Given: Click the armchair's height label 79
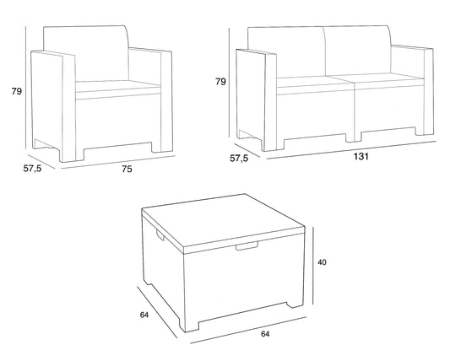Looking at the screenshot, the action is coord(17,91).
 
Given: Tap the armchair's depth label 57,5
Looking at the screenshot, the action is coord(32,169).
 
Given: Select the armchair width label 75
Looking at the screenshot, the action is coord(127,170).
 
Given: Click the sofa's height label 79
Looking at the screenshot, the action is coord(220,82).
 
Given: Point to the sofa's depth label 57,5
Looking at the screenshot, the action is coord(239,158).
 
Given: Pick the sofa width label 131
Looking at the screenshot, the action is coord(361,157).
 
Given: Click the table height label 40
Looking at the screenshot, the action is coord(322,262).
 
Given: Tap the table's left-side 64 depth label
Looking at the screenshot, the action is coord(144,315).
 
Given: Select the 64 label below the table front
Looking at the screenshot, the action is coord(265,334).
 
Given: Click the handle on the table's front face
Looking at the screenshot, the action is coord(247,246).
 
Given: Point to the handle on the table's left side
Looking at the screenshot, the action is coord(160,234).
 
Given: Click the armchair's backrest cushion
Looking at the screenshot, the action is coord(86,54).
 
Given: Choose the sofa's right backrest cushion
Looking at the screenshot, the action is coord(358,51).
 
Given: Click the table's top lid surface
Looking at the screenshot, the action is coord(223,219).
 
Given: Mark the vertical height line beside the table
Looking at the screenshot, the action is coord(313,266).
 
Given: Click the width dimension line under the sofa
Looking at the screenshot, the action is coord(351,149).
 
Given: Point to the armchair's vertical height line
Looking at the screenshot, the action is coord(26,88).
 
